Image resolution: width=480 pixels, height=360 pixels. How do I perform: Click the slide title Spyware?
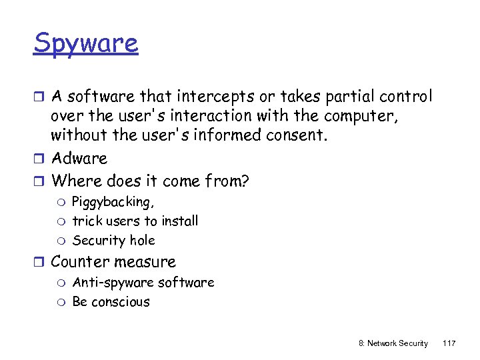click(86, 44)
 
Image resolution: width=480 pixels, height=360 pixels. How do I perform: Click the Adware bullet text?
click(79, 158)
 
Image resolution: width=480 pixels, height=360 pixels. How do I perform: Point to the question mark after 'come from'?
click(245, 180)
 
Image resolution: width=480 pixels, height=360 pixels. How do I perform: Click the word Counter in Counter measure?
click(75, 261)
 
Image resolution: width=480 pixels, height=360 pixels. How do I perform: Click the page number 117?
click(449, 343)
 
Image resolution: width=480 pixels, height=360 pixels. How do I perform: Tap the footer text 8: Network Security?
click(393, 343)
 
